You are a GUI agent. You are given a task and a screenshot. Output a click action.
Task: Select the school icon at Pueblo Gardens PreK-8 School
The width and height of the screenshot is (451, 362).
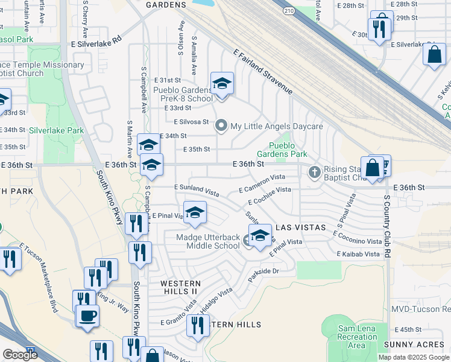222,84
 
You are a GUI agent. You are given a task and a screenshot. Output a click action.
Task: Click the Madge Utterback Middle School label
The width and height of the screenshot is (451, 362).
207,242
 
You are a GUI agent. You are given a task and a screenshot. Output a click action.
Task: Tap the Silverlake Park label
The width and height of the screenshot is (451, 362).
57,130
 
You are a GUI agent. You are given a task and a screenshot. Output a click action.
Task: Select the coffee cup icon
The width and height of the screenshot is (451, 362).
88,316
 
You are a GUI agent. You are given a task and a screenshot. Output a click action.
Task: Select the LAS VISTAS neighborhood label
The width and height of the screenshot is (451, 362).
300,227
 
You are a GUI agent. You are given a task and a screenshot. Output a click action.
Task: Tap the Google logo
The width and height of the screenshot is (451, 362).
19,355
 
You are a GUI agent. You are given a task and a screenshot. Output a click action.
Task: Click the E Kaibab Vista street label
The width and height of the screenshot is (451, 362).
359,254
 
